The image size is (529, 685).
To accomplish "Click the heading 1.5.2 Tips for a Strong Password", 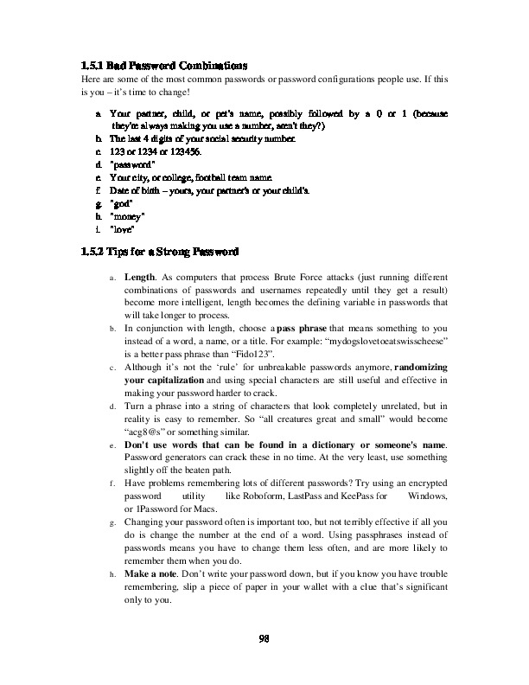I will click(154, 253).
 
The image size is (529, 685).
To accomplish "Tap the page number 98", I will click(264, 639).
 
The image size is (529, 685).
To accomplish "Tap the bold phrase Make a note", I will click(156, 574).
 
